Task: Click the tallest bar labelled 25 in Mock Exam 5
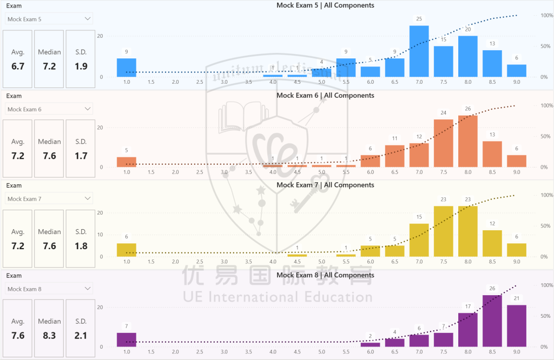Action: pos(419,51)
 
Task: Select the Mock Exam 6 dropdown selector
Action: pos(49,109)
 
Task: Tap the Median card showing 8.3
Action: pos(49,329)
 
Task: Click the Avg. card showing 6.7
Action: pos(18,59)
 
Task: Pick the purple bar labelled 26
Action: pos(492,321)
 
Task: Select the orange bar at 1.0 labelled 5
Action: pos(127,162)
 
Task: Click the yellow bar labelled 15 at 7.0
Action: pos(419,240)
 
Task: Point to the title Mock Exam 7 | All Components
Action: pos(325,185)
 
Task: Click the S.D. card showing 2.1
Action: pos(81,329)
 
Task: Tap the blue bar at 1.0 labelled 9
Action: pos(127,68)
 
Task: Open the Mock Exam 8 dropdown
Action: pos(49,289)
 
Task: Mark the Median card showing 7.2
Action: pos(49,59)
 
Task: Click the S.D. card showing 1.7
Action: pos(81,149)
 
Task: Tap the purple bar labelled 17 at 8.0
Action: pos(468,330)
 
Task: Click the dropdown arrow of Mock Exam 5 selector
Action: pos(88,19)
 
